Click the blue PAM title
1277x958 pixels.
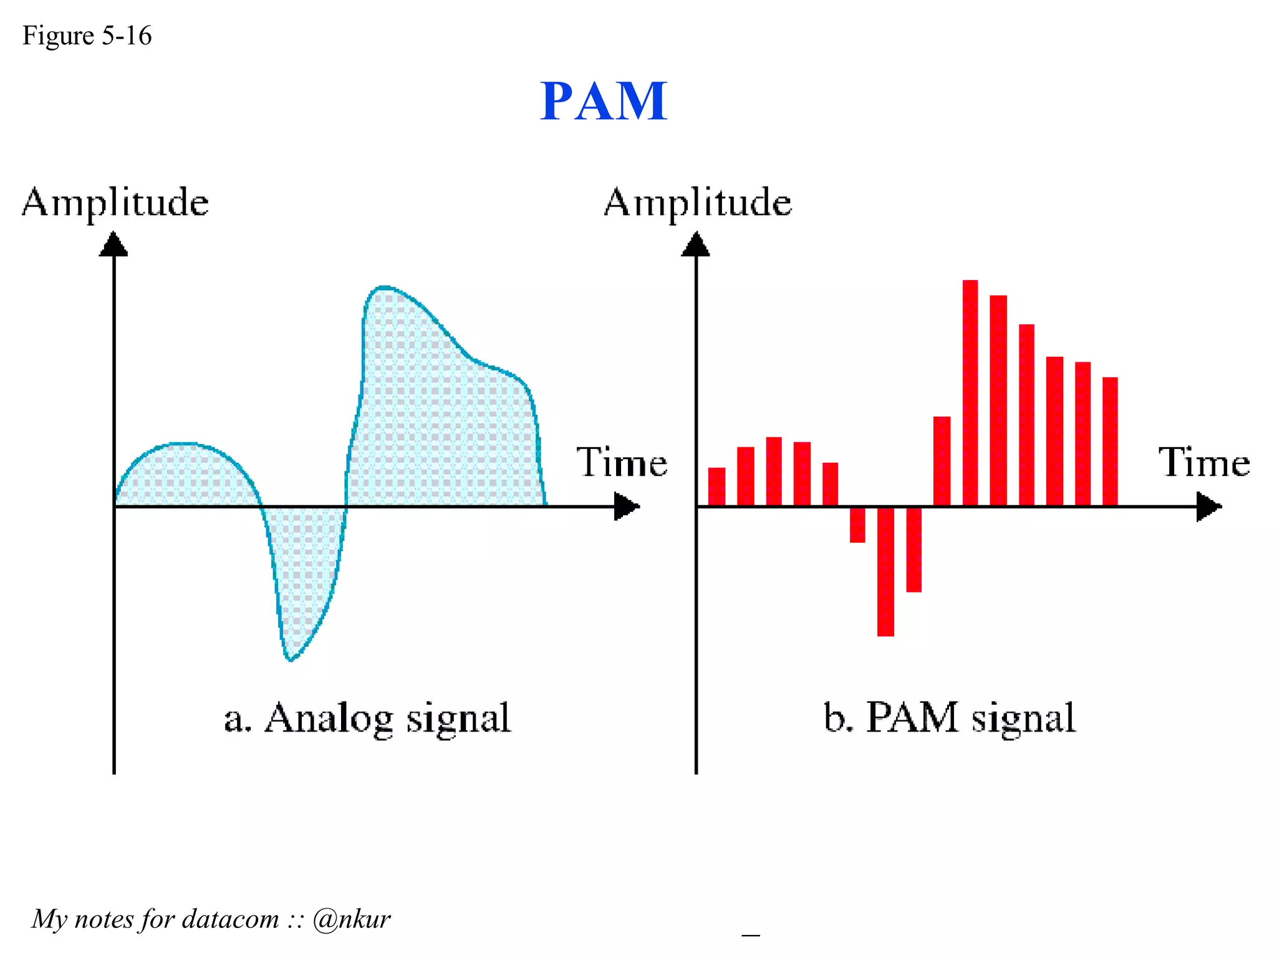click(x=603, y=101)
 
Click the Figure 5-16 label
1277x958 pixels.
click(x=87, y=36)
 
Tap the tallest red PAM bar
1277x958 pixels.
click(x=970, y=393)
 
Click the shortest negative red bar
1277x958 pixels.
click(x=857, y=525)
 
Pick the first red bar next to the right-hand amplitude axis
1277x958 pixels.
click(x=716, y=486)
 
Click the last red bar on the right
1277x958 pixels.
click(x=1109, y=442)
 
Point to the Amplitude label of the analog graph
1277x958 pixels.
click(x=115, y=202)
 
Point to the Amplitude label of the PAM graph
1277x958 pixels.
click(x=698, y=202)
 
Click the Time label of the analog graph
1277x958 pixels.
click(x=621, y=462)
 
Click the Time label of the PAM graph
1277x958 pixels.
click(x=1204, y=462)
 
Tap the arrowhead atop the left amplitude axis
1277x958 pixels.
click(x=113, y=244)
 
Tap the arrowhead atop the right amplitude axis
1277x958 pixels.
click(x=695, y=244)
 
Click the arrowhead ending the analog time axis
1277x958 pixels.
click(x=626, y=506)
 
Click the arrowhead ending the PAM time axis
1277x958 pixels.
click(x=1208, y=506)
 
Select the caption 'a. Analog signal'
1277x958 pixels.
click(x=367, y=718)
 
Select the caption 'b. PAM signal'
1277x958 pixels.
click(x=949, y=718)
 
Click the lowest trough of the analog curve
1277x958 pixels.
click(x=290, y=659)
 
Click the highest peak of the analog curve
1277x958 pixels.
click(x=383, y=288)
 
